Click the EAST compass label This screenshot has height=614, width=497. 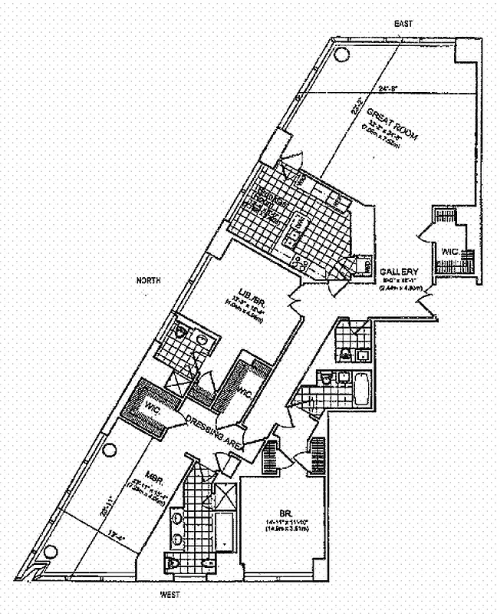tap(403, 24)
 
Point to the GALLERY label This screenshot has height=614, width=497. tap(399, 272)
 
